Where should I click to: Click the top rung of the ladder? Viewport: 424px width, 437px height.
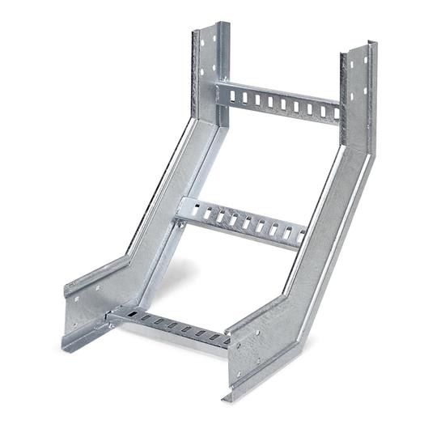(x=279, y=101)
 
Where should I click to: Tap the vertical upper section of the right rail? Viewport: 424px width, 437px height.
(x=356, y=93)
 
